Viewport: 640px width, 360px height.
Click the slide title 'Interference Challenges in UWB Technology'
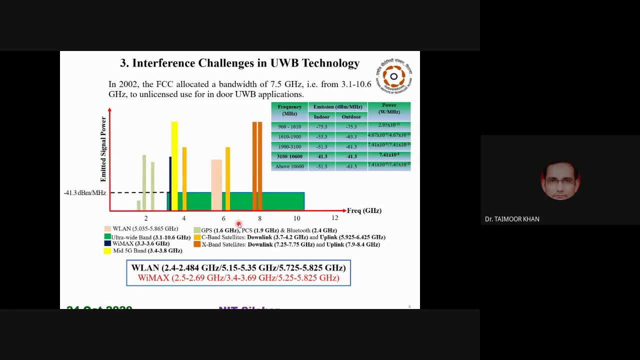(239, 63)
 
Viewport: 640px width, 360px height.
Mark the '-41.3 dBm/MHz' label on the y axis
(84, 193)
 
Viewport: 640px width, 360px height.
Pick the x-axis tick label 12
(334, 218)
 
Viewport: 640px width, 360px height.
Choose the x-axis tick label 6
(223, 218)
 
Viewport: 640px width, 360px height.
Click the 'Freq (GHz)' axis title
(364, 210)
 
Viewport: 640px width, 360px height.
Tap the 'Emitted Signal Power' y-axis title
(103, 149)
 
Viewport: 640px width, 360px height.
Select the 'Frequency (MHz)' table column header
(289, 110)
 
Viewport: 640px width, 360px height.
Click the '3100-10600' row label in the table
(289, 156)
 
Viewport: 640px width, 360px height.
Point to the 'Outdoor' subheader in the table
(351, 117)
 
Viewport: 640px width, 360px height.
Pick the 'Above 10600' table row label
(289, 166)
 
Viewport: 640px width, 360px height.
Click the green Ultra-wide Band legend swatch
(107, 237)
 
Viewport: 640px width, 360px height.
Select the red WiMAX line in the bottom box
(238, 278)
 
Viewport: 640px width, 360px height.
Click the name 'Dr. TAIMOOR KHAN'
(512, 219)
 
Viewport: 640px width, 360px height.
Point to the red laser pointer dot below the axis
(238, 224)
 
